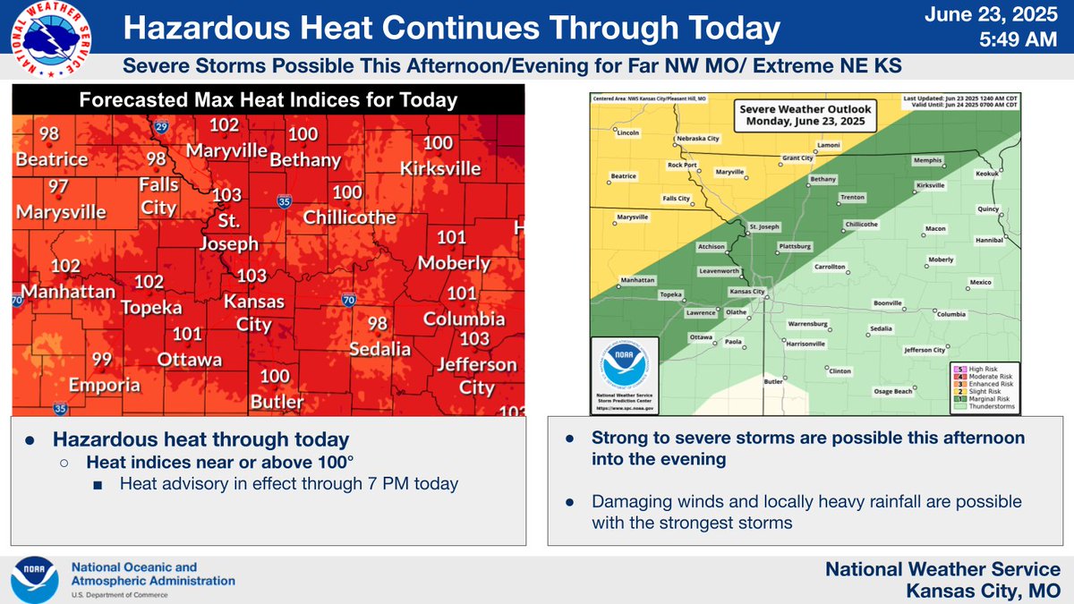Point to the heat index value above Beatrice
(49, 134)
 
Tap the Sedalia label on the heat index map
(380, 348)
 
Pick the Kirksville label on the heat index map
(439, 167)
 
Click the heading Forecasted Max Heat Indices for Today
(268, 100)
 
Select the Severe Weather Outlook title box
(805, 115)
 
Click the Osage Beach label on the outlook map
(892, 391)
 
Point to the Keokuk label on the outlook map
(987, 174)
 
